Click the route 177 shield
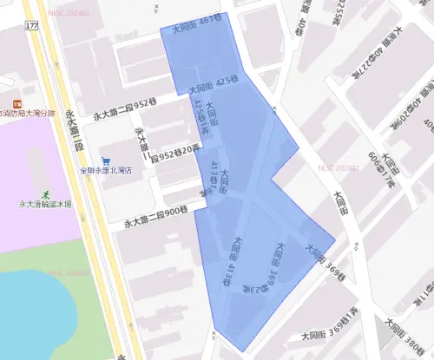tap(32, 27)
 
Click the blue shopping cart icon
tap(106, 160)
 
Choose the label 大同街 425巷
tap(213, 85)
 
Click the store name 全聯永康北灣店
tap(105, 171)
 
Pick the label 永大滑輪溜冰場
tap(43, 205)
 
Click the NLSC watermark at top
tap(70, 13)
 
